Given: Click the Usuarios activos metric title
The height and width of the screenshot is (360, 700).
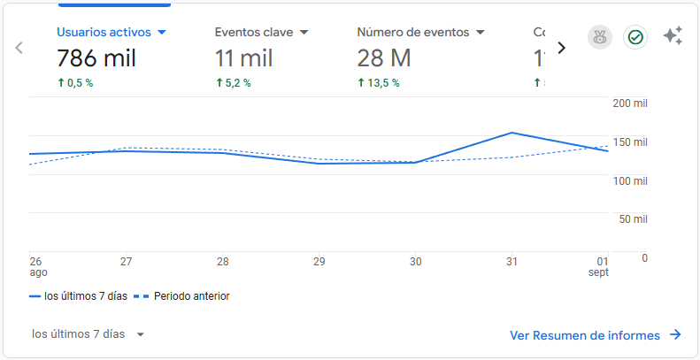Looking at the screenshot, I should click(104, 32).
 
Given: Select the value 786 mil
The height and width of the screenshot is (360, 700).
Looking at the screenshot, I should click(97, 58).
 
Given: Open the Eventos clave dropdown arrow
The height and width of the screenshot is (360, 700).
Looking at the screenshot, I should click(304, 33).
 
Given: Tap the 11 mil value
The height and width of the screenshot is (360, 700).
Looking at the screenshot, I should click(244, 58).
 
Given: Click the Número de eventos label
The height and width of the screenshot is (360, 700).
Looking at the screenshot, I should click(412, 32).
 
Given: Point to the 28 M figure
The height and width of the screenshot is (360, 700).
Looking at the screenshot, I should click(384, 58).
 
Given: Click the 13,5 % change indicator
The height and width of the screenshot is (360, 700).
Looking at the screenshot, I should click(379, 83).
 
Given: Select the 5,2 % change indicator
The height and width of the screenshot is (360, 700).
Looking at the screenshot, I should click(234, 83).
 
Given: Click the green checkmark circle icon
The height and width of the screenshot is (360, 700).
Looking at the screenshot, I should click(635, 37).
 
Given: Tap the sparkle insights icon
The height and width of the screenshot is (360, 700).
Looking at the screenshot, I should click(673, 36).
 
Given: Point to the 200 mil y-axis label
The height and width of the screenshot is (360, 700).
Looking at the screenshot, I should click(630, 103).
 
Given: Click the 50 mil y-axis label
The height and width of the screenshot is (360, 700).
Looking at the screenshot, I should click(632, 218).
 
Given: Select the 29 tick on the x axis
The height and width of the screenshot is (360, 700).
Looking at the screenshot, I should click(319, 262).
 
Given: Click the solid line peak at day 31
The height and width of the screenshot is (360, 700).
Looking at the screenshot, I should click(512, 133).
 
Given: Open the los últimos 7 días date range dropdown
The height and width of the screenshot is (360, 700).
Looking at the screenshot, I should click(88, 334).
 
